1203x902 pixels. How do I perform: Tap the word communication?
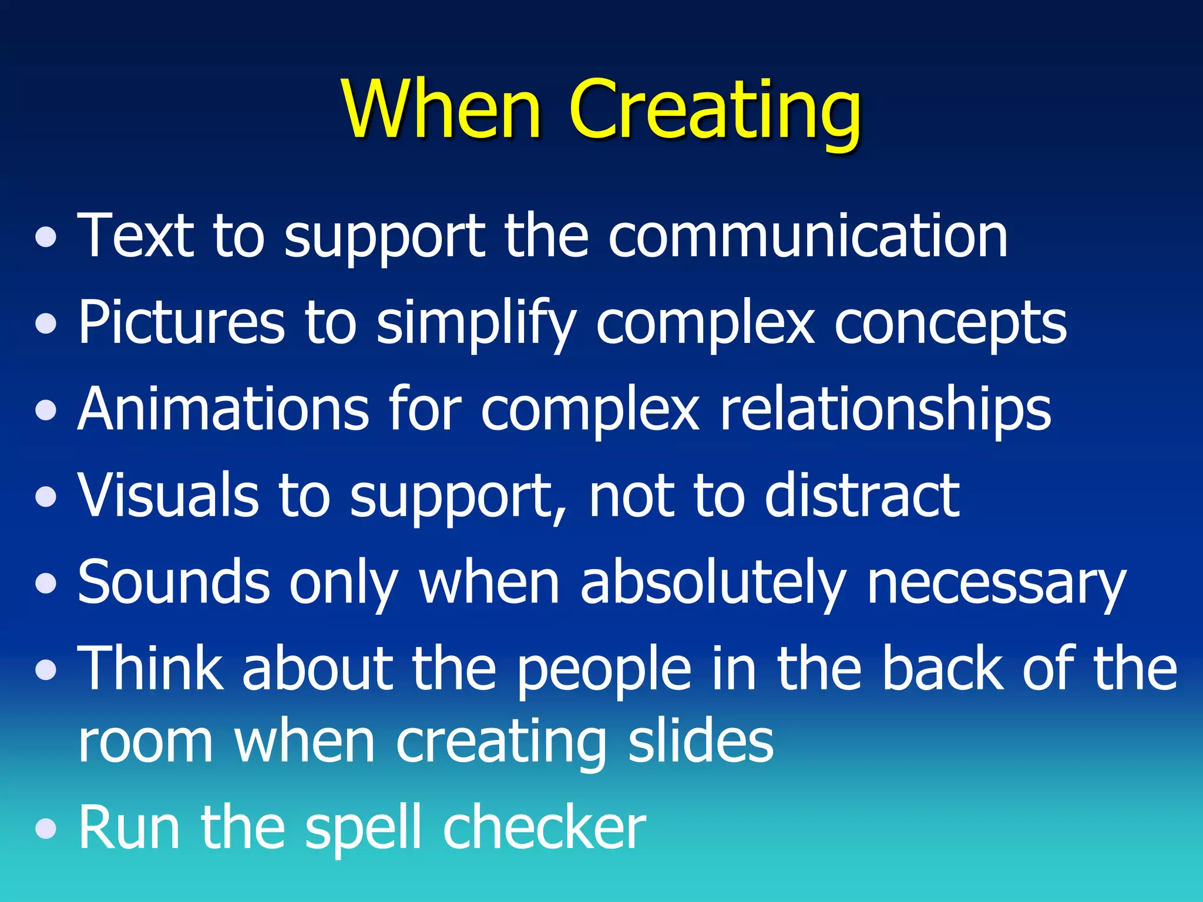point(808,236)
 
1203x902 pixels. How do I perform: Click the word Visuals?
point(168,495)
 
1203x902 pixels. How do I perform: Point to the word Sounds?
point(174,581)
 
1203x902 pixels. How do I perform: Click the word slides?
point(701,741)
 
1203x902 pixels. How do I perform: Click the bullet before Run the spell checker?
point(46,829)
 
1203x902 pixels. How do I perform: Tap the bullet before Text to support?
point(46,237)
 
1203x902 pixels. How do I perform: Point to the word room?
point(146,742)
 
